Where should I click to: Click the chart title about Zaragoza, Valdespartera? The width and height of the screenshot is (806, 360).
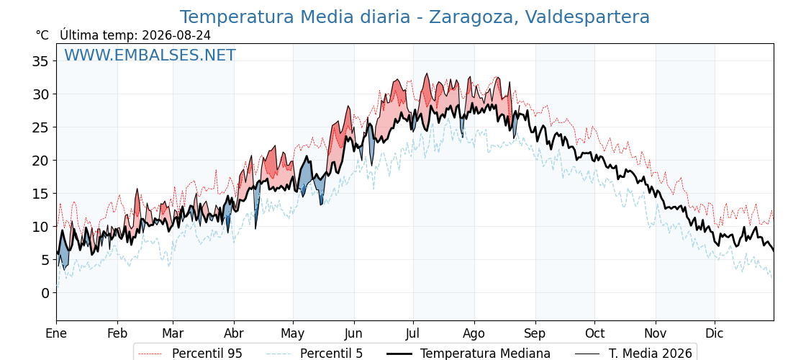coord(415,17)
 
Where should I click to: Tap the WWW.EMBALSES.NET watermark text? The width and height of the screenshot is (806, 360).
coord(150,55)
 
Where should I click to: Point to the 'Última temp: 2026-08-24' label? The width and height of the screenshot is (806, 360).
coord(135,35)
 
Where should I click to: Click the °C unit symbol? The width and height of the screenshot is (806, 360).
coord(42,35)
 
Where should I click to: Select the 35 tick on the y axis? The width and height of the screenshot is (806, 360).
coord(41,61)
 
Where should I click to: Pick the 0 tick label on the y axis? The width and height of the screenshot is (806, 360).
coord(45,292)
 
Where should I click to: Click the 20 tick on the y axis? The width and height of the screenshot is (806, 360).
coord(41,161)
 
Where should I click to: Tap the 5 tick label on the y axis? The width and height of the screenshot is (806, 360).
coord(45,260)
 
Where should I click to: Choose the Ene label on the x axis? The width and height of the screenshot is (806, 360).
coord(56,333)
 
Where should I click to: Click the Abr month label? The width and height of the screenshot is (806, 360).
coord(234,333)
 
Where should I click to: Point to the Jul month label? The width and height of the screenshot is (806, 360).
coord(413,333)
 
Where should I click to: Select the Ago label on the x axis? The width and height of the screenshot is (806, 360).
coord(474,334)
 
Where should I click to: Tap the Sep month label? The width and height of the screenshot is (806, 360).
coord(535,334)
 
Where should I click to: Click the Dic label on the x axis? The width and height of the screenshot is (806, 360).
coord(715,333)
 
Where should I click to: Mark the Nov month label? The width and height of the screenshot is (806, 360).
coord(656,333)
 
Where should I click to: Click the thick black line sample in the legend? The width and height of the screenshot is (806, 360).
coord(399,354)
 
